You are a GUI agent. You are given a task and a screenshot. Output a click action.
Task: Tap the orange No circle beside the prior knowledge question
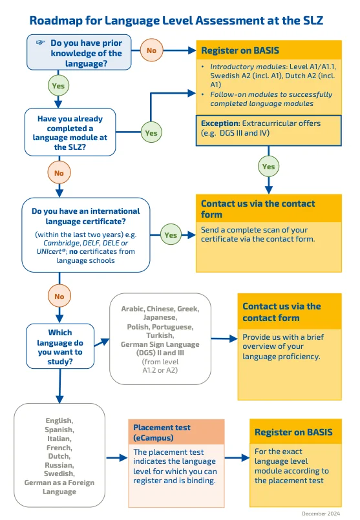point(151,50)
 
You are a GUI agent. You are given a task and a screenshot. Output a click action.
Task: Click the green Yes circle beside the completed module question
point(151,133)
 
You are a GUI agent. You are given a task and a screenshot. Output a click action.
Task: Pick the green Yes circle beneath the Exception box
point(268,166)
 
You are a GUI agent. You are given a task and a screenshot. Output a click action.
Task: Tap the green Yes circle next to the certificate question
point(171,235)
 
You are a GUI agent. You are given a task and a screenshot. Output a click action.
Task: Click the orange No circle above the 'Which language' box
point(58,296)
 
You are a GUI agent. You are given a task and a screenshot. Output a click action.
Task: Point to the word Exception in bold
point(220,123)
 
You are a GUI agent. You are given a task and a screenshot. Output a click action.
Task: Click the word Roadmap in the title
point(58,21)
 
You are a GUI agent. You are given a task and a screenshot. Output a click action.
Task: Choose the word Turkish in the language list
point(160,335)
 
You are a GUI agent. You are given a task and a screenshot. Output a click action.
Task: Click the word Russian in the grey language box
point(59,464)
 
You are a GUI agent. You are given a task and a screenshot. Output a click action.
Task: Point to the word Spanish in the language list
point(59,429)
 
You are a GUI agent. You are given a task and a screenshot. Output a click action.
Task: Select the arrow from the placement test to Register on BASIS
point(237,457)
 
